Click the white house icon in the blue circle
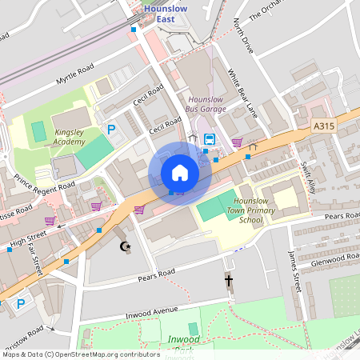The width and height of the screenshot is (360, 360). (x=180, y=172)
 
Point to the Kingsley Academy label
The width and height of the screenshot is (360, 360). (x=70, y=137)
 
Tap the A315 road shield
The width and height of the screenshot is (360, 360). (x=323, y=126)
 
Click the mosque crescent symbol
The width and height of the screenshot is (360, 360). (x=124, y=246)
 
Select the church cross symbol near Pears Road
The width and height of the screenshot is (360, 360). (x=229, y=281)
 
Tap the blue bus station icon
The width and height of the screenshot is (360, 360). (x=209, y=139)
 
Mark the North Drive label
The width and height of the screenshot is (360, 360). (x=243, y=38)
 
